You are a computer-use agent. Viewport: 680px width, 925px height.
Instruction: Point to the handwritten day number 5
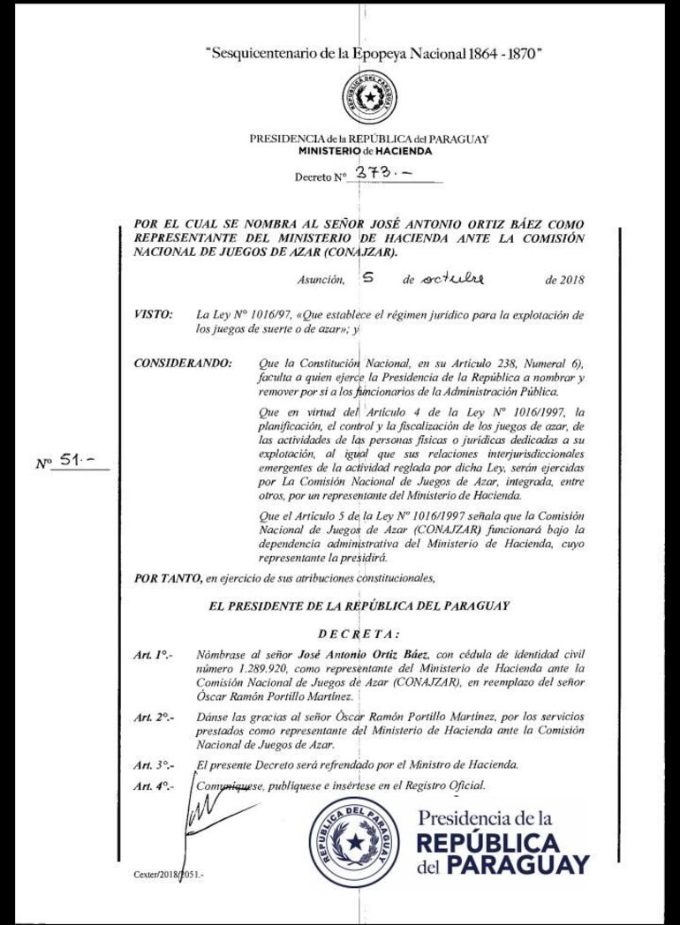coord(367,278)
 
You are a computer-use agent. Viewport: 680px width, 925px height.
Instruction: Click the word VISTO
coord(153,314)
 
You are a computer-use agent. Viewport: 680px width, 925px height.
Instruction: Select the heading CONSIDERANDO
coord(183,363)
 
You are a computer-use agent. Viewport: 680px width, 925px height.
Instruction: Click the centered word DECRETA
coord(358,633)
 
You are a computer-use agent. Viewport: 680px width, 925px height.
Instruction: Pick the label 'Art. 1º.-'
coord(153,654)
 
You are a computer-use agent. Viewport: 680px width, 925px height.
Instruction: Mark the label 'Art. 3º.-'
coord(153,764)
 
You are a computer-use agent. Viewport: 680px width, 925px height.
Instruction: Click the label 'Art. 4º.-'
coord(153,785)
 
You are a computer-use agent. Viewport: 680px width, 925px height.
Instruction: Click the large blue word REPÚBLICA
coord(488,842)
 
